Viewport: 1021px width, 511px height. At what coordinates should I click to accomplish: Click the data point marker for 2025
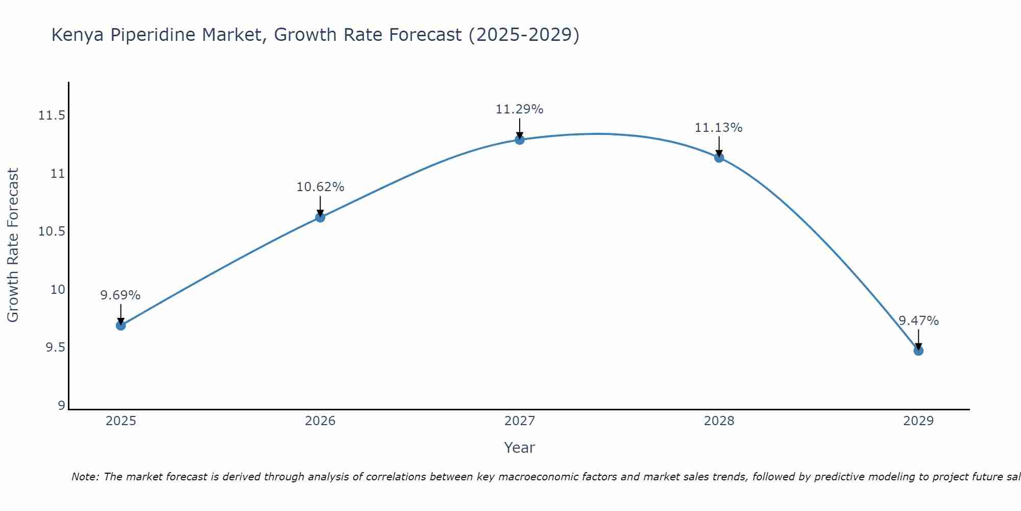pyautogui.click(x=121, y=326)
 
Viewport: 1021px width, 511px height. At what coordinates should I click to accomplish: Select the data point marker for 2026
pyautogui.click(x=320, y=217)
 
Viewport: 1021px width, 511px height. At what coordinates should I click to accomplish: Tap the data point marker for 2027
pyautogui.click(x=520, y=140)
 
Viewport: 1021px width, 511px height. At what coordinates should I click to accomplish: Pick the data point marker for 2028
pyautogui.click(x=719, y=158)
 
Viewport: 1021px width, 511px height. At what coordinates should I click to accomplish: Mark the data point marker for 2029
pyautogui.click(x=918, y=351)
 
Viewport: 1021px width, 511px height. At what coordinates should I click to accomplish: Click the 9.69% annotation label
pyautogui.click(x=120, y=295)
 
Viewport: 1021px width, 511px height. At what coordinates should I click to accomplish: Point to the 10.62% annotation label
pyautogui.click(x=320, y=187)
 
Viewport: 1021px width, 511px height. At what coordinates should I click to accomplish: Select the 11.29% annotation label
pyautogui.click(x=520, y=109)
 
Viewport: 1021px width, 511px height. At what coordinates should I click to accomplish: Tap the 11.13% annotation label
pyautogui.click(x=719, y=128)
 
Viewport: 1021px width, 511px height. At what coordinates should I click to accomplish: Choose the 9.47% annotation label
pyautogui.click(x=918, y=321)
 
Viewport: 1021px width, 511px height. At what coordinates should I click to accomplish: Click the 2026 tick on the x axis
pyautogui.click(x=320, y=421)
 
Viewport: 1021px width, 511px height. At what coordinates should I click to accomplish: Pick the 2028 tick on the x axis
pyautogui.click(x=719, y=421)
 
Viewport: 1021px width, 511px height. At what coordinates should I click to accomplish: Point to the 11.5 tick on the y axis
pyautogui.click(x=52, y=115)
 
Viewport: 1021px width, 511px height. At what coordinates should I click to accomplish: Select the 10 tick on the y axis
pyautogui.click(x=58, y=290)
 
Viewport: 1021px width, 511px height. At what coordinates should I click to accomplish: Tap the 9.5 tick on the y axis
pyautogui.click(x=55, y=348)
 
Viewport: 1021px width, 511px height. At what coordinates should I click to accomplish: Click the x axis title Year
pyautogui.click(x=519, y=448)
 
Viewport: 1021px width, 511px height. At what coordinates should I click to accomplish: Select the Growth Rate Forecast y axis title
pyautogui.click(x=13, y=245)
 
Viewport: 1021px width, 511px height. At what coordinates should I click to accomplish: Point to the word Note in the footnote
pyautogui.click(x=84, y=477)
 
